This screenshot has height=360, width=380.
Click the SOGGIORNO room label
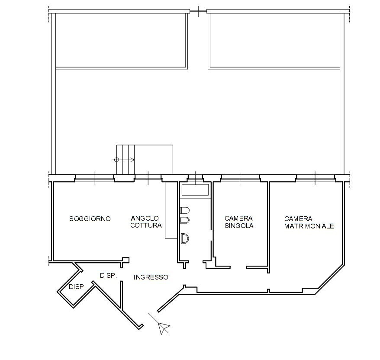90,219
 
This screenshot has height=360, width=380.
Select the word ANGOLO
145,219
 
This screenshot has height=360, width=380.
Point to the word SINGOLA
238,225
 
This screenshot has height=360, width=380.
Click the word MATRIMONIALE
309,226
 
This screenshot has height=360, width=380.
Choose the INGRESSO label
151,277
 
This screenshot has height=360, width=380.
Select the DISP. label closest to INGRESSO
109,275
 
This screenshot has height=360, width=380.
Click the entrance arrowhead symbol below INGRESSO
164,328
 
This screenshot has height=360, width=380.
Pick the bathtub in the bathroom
195,189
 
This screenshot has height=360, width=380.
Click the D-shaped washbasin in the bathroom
184,238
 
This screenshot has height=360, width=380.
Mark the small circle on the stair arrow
116,160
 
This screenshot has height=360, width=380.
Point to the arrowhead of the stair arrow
133,160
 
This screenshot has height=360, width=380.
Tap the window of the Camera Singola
240,177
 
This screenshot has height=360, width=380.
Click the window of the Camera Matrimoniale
315,177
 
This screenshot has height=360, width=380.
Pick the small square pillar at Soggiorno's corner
126,260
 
